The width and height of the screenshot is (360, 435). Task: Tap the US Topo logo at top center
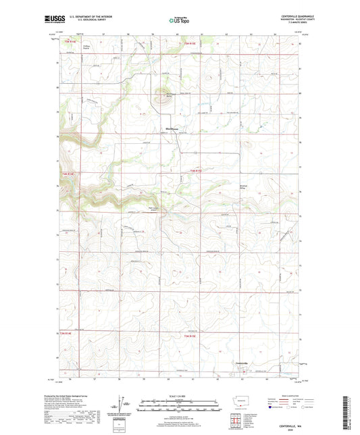click(x=180, y=21)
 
